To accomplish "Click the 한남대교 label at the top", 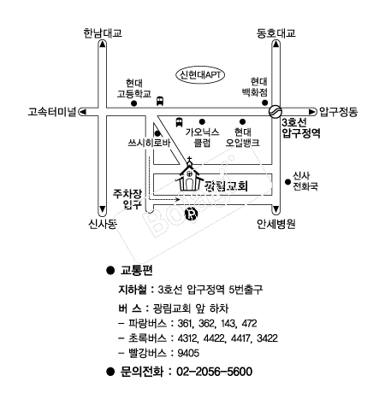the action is (x=103, y=33).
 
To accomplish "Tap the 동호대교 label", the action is (x=275, y=33).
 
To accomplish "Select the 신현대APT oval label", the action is (x=200, y=75).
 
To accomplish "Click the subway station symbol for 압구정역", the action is (x=275, y=111).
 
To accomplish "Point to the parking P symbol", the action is (x=192, y=214).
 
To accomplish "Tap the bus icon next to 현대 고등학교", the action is (x=160, y=101).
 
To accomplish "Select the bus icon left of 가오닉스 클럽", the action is (x=179, y=122).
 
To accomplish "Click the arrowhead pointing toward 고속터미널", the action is (x=82, y=112).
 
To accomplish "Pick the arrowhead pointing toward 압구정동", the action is (x=313, y=112).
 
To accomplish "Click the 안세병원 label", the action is (x=275, y=224).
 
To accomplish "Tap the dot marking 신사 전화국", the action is (x=287, y=182).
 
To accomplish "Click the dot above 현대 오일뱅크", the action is (x=242, y=122).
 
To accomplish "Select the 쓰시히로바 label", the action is (x=149, y=143).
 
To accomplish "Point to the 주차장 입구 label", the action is (x=127, y=199).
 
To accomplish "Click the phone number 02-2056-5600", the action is (x=215, y=372).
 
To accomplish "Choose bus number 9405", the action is (x=188, y=353).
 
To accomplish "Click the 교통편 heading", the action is (x=137, y=270).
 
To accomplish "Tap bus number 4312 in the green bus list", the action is (x=187, y=338).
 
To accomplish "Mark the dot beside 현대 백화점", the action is (x=265, y=103).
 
